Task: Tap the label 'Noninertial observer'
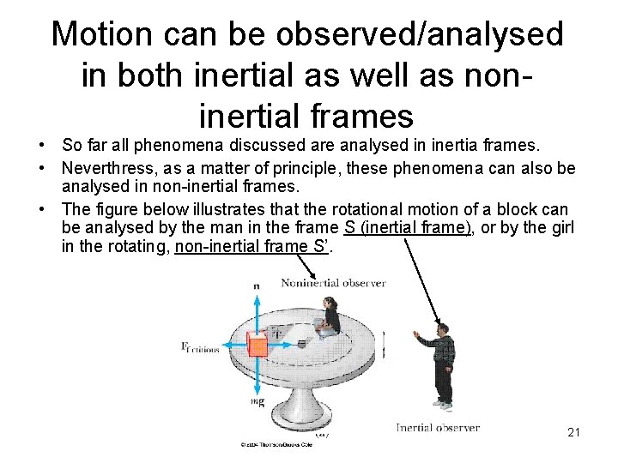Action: point(333,283)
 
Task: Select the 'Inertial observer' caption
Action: point(437,427)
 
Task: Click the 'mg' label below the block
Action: point(257,400)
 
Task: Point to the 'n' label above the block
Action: point(256,285)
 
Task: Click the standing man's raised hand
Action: point(416,334)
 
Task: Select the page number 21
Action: point(574,432)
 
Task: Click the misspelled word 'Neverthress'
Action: point(106,167)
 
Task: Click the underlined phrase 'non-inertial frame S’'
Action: point(252,248)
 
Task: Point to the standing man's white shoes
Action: point(442,402)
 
